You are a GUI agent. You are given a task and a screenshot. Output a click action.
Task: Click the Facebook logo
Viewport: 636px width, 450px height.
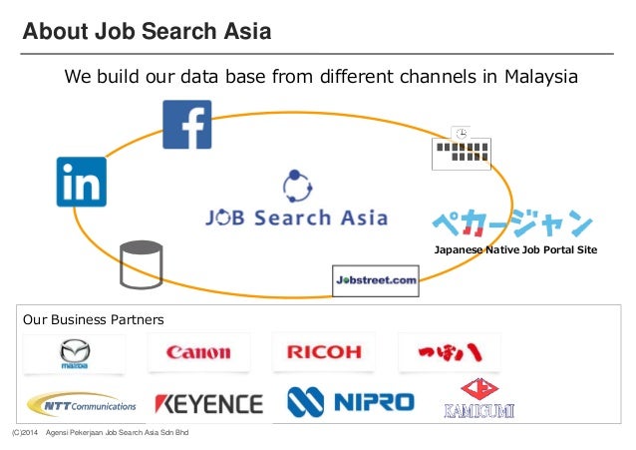[186, 125]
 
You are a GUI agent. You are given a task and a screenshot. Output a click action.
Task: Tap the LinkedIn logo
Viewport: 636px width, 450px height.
[81, 182]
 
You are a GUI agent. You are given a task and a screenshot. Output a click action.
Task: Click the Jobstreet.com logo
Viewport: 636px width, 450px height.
[375, 280]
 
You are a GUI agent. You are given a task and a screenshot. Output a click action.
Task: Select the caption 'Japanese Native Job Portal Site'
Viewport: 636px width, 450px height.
[515, 249]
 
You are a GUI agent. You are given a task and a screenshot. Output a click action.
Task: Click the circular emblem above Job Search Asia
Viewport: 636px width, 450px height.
[298, 186]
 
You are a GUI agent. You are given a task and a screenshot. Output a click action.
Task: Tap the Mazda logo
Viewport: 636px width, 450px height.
[75, 352]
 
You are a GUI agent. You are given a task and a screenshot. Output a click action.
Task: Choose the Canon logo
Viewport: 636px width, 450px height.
[198, 352]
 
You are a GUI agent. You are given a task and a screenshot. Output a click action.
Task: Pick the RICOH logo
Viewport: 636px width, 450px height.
[324, 352]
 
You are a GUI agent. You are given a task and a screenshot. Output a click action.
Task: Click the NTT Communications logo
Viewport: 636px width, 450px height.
[82, 403]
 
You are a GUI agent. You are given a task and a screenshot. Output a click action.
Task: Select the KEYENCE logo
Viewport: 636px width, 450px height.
[208, 403]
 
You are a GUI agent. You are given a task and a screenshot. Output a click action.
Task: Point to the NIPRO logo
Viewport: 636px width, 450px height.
[350, 401]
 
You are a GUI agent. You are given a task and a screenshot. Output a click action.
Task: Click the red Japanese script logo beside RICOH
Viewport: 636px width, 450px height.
[449, 352]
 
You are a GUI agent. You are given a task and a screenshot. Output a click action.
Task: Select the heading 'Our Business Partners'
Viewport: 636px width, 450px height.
[94, 320]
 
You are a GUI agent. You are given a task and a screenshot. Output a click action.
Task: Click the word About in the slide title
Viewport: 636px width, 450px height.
[53, 32]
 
